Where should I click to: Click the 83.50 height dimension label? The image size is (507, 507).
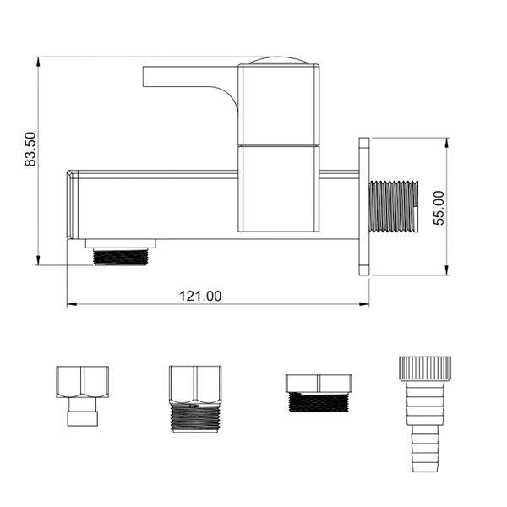(x=30, y=149)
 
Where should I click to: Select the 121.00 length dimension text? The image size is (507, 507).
(x=200, y=297)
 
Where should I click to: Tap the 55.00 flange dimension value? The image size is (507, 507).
(x=439, y=208)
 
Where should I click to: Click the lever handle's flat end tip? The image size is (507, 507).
(x=144, y=77)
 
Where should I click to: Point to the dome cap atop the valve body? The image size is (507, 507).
(x=278, y=61)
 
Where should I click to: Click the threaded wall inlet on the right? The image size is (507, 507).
(x=394, y=207)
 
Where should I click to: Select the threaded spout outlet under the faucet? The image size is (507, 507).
(x=120, y=257)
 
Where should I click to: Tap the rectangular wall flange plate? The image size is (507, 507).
(x=364, y=207)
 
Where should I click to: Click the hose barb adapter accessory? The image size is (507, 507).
(x=424, y=414)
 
